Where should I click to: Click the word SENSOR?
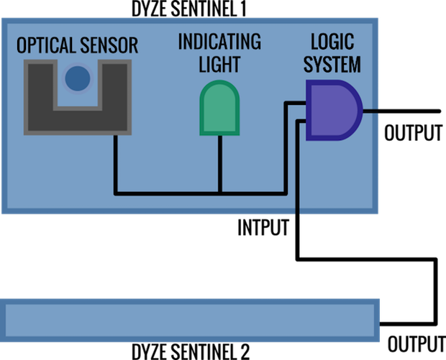point(109,46)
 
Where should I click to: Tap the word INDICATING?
point(219,42)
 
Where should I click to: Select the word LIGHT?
point(219,65)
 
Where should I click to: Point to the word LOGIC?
point(332,42)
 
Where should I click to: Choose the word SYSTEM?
point(332,65)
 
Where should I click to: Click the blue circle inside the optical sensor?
point(78,78)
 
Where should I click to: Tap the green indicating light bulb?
point(219,107)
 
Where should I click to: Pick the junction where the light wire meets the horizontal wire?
point(220,193)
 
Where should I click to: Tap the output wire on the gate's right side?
point(370,111)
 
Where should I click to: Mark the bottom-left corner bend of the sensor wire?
point(116,193)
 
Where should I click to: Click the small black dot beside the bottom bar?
point(381,324)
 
